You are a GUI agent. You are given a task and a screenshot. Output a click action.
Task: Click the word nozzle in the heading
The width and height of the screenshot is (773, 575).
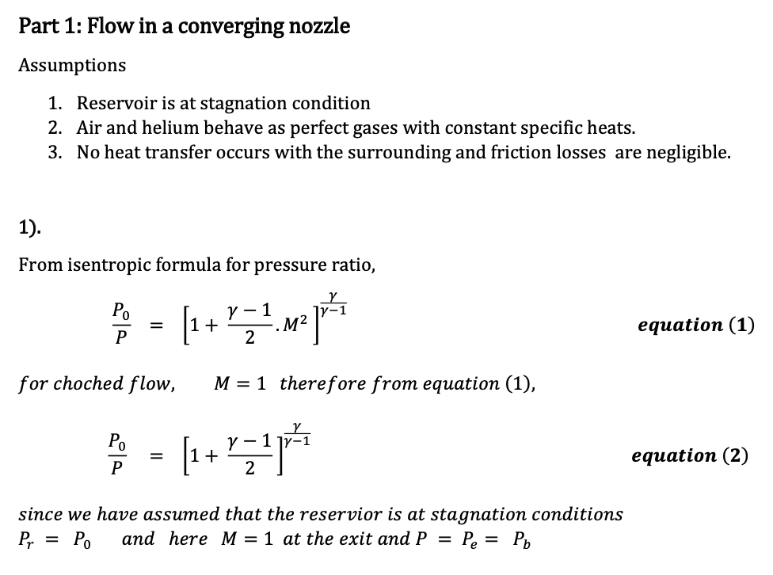318,26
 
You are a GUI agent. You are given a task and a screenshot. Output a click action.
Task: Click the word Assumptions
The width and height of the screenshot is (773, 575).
72,65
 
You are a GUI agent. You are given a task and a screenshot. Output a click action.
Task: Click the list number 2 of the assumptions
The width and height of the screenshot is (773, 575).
54,128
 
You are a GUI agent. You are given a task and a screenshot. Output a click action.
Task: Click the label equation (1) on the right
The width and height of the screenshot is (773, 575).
695,325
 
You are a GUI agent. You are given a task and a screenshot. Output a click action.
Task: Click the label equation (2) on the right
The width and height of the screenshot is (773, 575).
690,455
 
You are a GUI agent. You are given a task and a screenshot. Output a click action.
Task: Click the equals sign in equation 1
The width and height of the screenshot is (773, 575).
157,326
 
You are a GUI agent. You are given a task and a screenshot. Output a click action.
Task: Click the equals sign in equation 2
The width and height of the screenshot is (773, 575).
157,456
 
